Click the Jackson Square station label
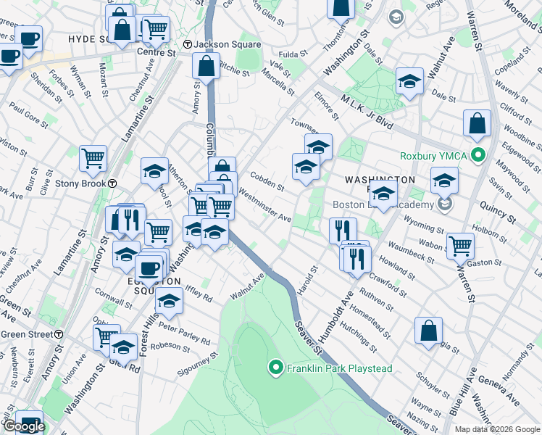[225, 44]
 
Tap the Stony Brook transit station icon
[113, 183]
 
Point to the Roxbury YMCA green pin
[478, 155]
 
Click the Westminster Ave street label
[264, 207]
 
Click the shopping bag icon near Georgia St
[428, 331]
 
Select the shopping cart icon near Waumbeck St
[460, 246]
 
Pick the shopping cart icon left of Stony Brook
[93, 159]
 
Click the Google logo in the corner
[23, 426]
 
